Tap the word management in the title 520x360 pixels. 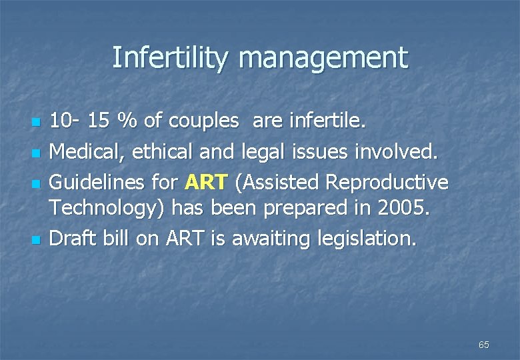(323, 57)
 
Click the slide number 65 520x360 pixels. (483, 345)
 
